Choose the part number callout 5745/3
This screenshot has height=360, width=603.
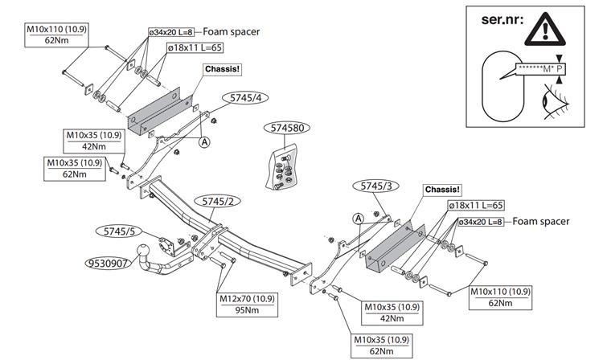(376, 186)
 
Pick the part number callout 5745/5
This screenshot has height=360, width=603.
(119, 231)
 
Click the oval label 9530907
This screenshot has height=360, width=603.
(109, 262)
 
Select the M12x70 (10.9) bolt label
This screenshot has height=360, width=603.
(247, 299)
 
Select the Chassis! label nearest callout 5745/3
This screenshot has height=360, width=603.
(442, 190)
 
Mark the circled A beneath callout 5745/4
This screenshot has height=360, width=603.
(204, 141)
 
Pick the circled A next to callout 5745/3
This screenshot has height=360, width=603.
(358, 218)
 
